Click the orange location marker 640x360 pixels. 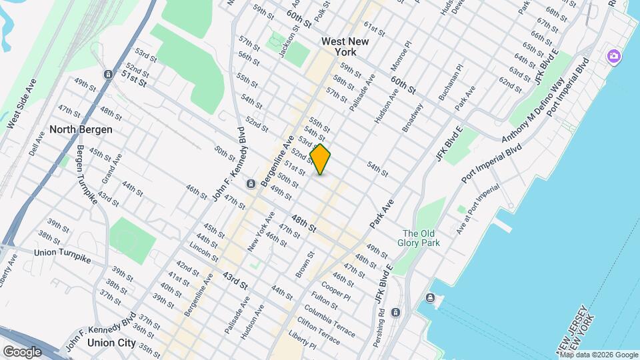[321, 159]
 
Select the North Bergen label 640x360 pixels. [81, 129]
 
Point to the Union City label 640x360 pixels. [112, 343]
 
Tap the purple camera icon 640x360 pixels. [613, 57]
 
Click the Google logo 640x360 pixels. [22, 351]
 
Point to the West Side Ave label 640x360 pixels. [21, 103]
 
